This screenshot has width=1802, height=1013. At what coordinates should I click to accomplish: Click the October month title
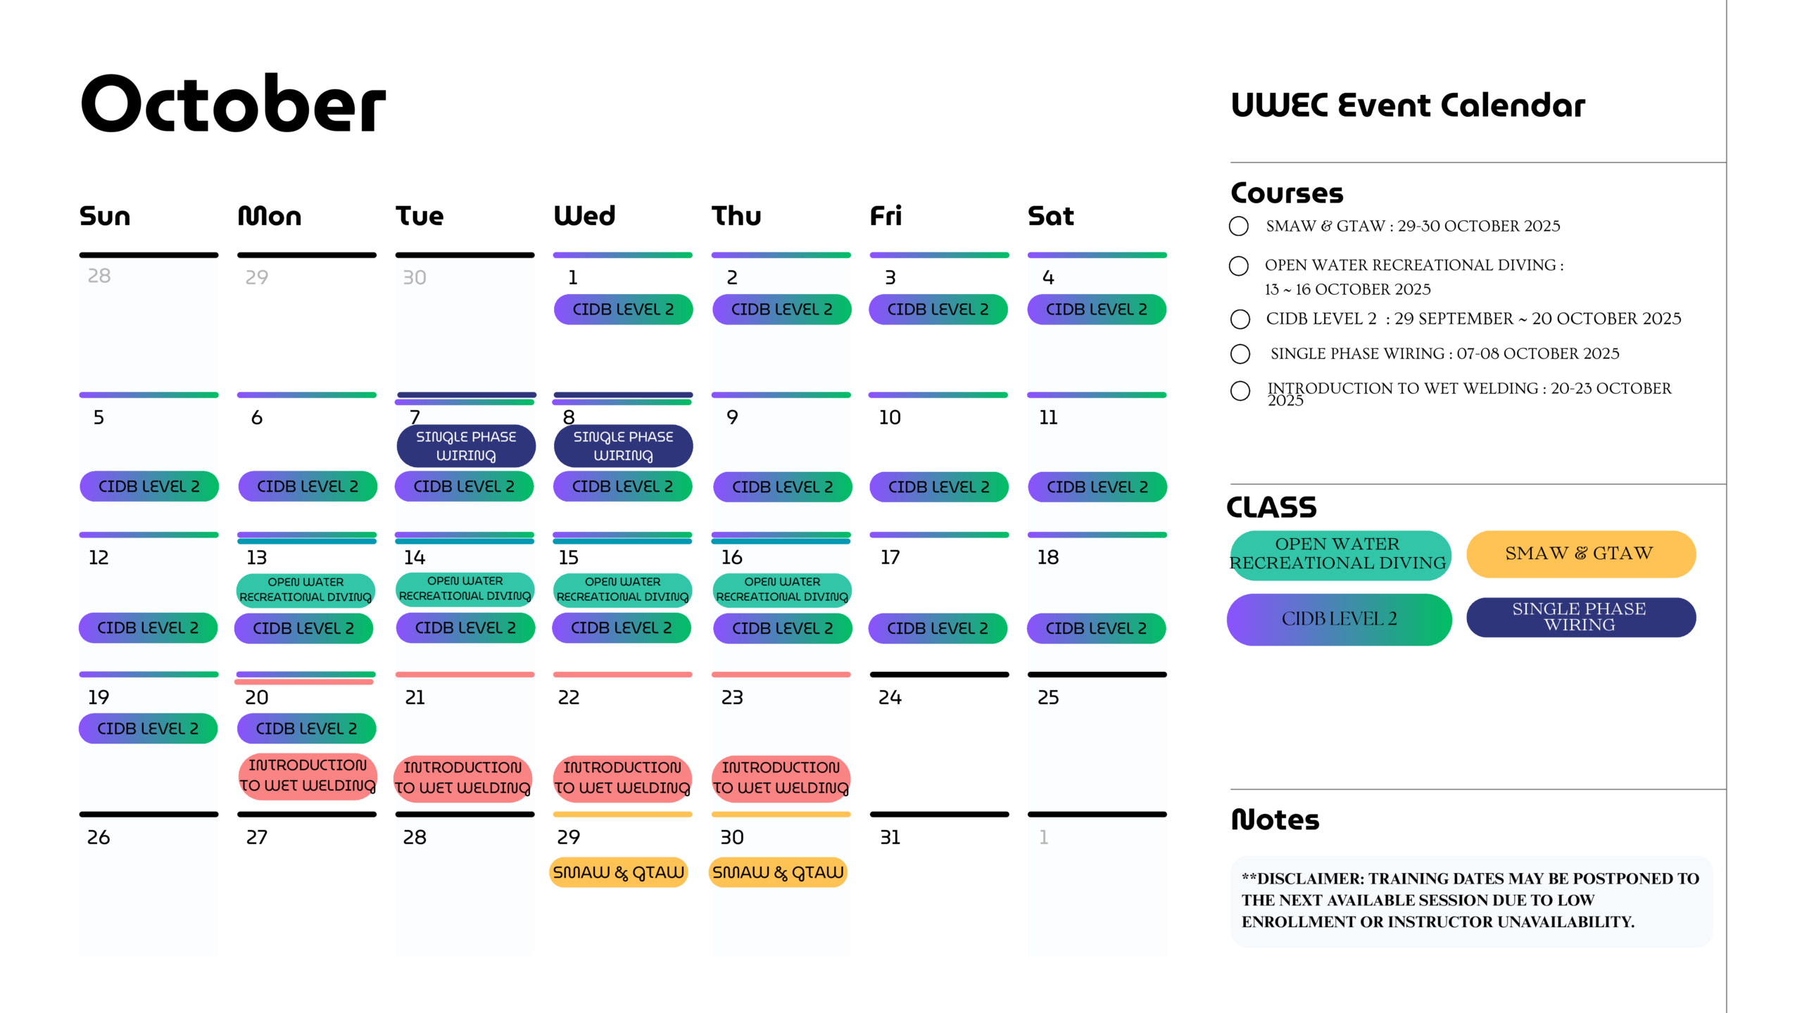pos(233,103)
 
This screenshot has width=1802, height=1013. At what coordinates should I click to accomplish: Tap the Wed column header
pos(584,215)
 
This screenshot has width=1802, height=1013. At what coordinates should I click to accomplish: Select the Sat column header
pos(1050,215)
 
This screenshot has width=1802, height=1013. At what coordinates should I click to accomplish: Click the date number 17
pos(890,557)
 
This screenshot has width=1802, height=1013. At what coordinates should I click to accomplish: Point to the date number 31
pos(890,837)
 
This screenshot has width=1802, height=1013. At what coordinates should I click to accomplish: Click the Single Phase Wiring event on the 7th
pos(466,446)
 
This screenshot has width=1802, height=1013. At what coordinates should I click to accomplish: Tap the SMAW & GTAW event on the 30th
pos(778,872)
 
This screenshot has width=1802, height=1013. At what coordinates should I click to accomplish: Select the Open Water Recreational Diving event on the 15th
pos(622,590)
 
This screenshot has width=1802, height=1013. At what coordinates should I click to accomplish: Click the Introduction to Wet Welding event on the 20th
pos(308,775)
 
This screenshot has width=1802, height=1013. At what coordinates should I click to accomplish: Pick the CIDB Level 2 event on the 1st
pos(623,310)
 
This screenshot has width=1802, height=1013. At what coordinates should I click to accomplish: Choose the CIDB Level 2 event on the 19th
pos(148,728)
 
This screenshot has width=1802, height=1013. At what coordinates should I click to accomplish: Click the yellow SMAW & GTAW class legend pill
pos(1580,554)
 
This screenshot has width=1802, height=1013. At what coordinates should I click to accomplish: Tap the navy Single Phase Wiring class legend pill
pos(1580,617)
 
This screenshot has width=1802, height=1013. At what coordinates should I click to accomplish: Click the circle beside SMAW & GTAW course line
pos(1239,227)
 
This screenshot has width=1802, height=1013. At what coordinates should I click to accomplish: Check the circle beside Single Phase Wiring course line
pos(1240,354)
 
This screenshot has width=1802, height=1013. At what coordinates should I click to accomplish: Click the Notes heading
pos(1275,820)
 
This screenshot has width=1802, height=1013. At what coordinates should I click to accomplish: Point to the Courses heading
pos(1287,193)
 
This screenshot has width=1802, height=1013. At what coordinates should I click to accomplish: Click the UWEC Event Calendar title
pos(1408,106)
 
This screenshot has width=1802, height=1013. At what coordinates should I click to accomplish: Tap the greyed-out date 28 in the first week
pos(99,276)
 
